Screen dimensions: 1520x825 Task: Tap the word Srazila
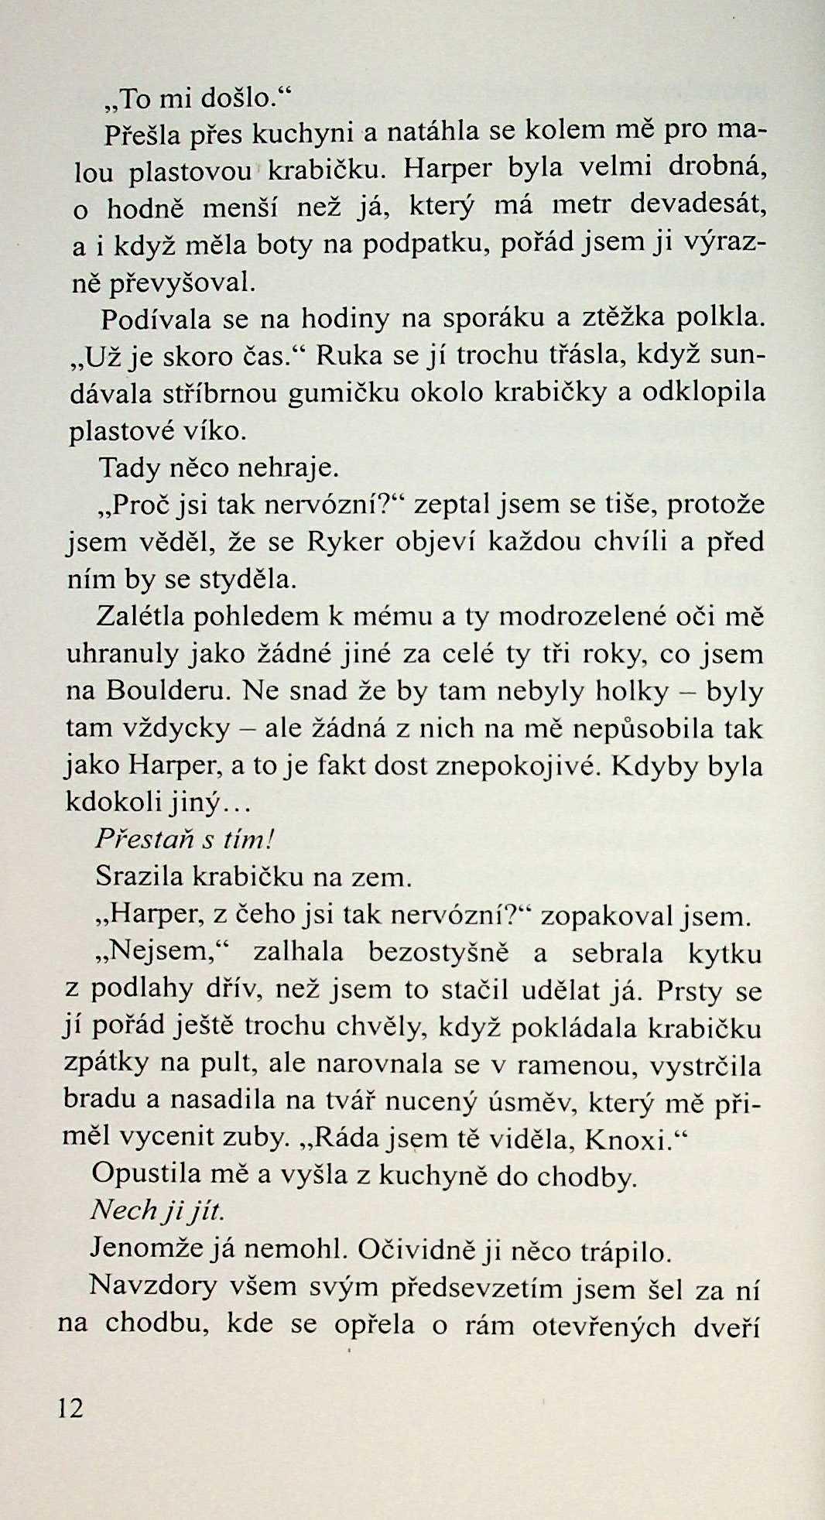pyautogui.click(x=139, y=877)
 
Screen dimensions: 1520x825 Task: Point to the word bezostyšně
pyautogui.click(x=438, y=952)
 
